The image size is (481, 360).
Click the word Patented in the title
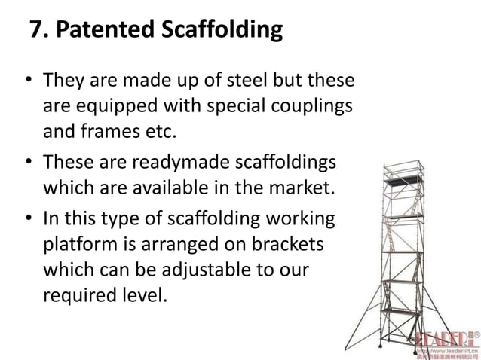point(105,31)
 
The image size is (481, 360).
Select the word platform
point(76,247)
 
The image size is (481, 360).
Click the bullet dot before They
point(29,80)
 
